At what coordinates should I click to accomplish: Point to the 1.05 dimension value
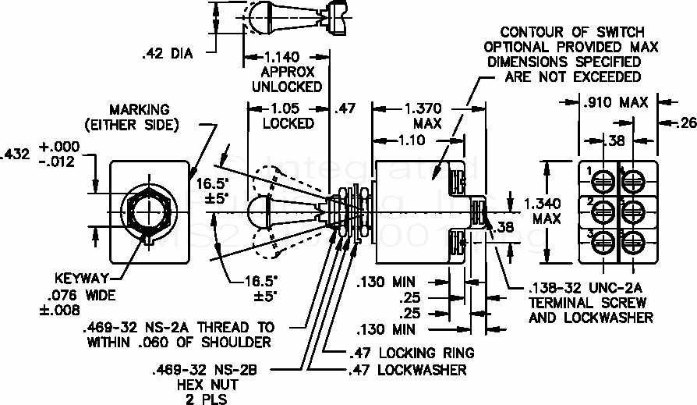click(280, 108)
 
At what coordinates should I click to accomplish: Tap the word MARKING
click(139, 110)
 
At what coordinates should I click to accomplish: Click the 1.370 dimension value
click(423, 108)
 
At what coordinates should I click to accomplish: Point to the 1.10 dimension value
click(413, 140)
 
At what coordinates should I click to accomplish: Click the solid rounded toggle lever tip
click(257, 211)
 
